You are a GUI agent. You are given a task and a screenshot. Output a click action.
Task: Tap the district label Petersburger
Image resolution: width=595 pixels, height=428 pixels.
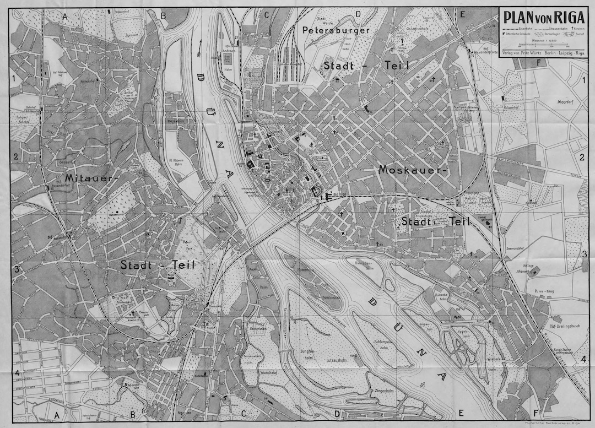click(x=336, y=31)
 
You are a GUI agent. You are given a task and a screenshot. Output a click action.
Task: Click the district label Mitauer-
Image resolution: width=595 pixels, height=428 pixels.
click(x=91, y=178)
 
